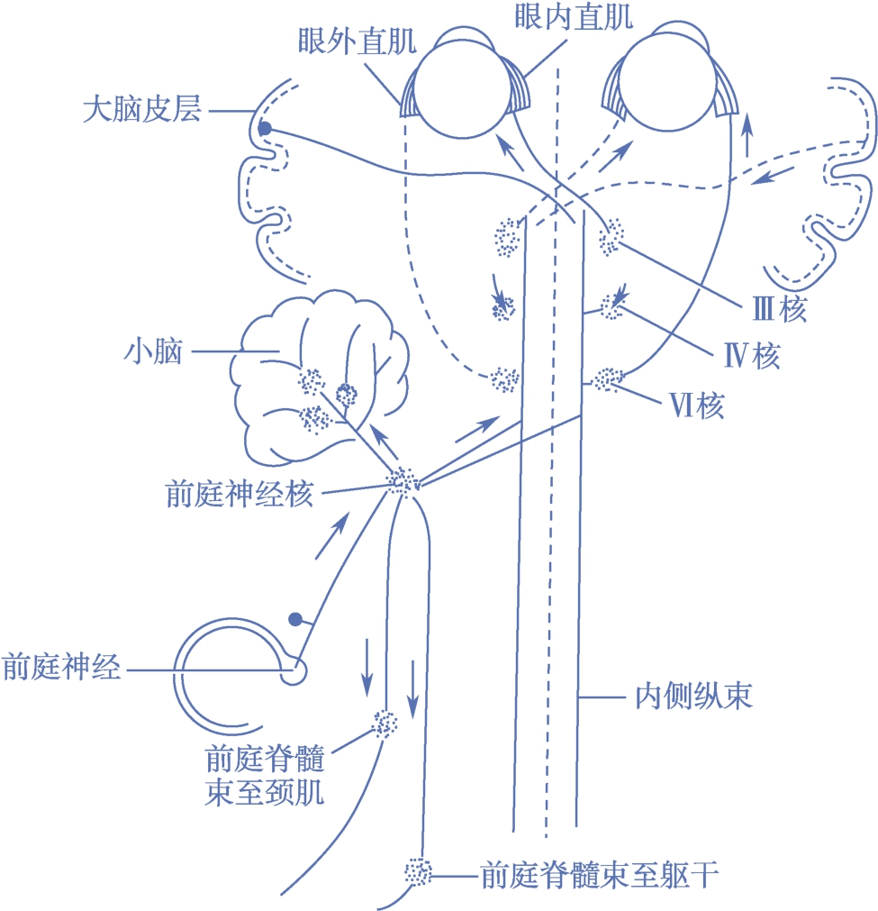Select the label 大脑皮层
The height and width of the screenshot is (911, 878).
point(140,111)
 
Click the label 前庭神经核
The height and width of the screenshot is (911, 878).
point(240,494)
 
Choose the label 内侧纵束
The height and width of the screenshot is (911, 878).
point(688,697)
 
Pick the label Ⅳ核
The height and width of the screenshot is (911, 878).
point(754,358)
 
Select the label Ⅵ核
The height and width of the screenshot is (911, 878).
point(698,407)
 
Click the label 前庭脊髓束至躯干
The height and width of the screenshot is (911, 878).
point(599,874)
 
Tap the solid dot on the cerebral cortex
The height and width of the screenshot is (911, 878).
point(264,130)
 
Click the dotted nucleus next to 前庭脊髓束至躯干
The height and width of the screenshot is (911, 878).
point(417,872)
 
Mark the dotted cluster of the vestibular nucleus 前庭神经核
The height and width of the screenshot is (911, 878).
point(403,481)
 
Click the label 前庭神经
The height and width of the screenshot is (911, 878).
point(61,668)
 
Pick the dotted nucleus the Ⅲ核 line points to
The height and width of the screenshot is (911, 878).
point(611,235)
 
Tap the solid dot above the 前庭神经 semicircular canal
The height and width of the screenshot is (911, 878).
point(294,619)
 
